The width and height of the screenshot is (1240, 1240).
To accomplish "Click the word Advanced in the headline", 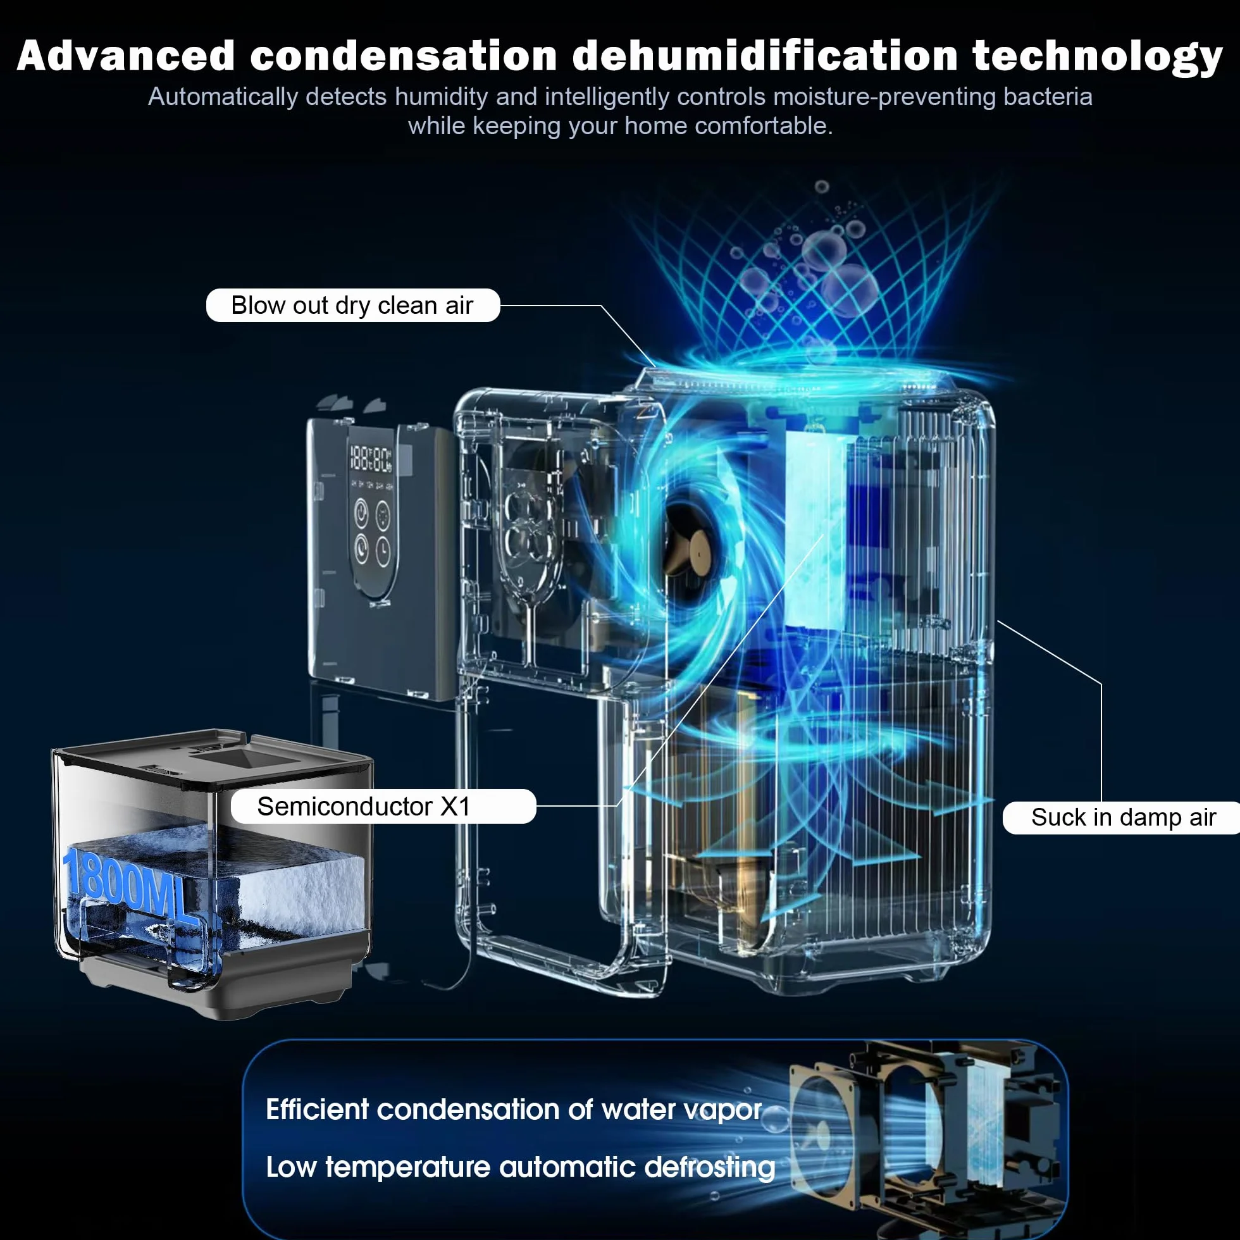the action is click(126, 56).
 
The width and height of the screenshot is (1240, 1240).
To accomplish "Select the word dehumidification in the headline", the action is click(765, 56).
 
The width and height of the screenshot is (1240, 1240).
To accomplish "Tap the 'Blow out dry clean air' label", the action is click(352, 306).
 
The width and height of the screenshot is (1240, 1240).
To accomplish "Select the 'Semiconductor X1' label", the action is click(383, 806).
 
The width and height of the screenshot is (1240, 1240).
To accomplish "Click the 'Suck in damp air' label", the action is click(1122, 817).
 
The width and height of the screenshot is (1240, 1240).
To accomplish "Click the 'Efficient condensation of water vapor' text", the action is click(514, 1110).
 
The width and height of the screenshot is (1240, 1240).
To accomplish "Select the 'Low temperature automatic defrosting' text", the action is click(521, 1167).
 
